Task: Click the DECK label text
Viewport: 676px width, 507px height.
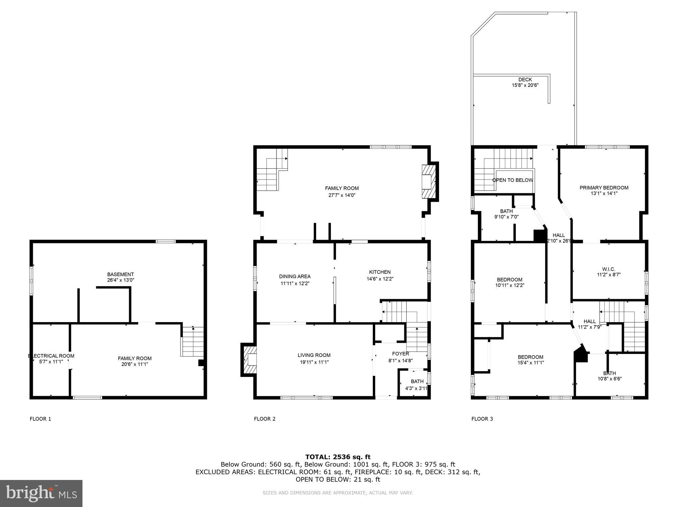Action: click(x=525, y=80)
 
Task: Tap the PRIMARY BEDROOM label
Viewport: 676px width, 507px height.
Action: click(x=604, y=188)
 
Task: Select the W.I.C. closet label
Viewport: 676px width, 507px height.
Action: click(x=608, y=269)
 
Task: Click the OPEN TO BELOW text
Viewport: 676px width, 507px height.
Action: click(x=512, y=180)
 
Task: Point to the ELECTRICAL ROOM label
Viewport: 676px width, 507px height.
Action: click(x=51, y=356)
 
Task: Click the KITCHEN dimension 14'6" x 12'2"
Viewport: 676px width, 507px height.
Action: click(x=380, y=279)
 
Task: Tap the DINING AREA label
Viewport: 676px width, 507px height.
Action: click(x=295, y=276)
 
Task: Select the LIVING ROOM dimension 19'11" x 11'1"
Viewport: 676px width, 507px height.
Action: click(x=314, y=362)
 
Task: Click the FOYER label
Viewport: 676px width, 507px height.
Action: click(x=401, y=354)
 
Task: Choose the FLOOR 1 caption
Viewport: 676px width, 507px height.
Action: click(x=40, y=419)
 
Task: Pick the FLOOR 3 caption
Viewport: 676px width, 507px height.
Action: click(x=482, y=419)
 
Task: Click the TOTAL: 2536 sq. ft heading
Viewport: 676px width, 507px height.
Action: click(x=338, y=457)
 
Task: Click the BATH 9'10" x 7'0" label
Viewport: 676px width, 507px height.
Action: click(x=506, y=211)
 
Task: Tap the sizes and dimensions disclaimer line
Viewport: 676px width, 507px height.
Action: click(x=338, y=493)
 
